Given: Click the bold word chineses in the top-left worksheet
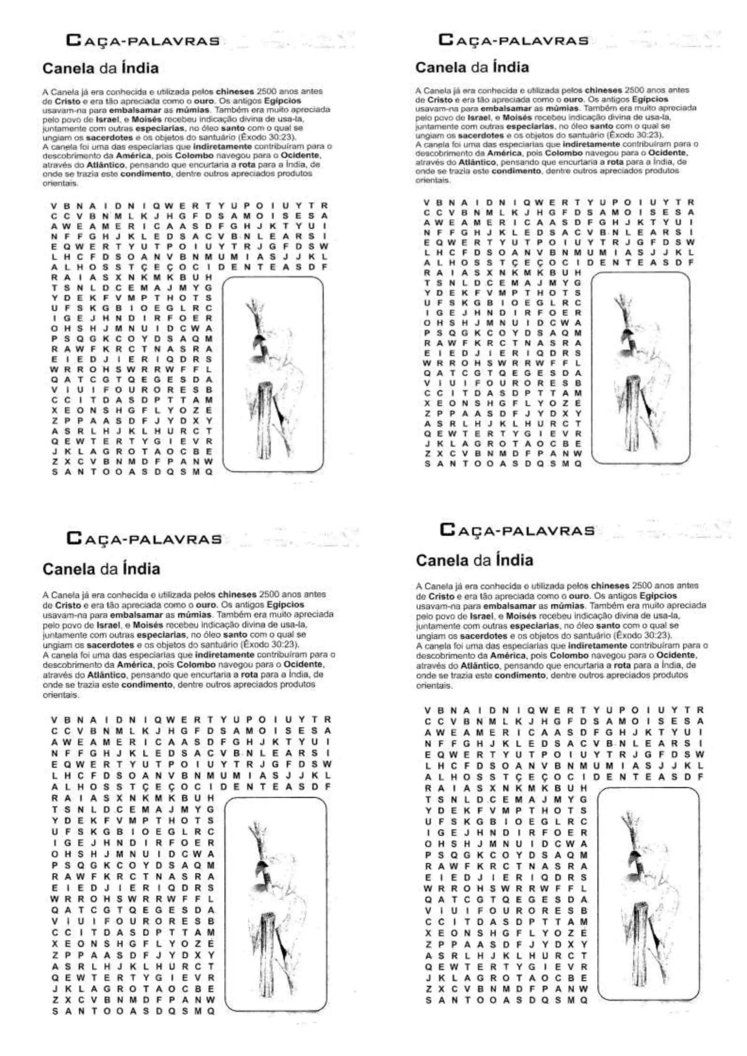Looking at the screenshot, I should (x=236, y=92).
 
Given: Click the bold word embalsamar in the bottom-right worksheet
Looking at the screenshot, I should (x=506, y=606).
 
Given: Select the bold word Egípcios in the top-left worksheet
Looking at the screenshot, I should (x=286, y=101).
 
